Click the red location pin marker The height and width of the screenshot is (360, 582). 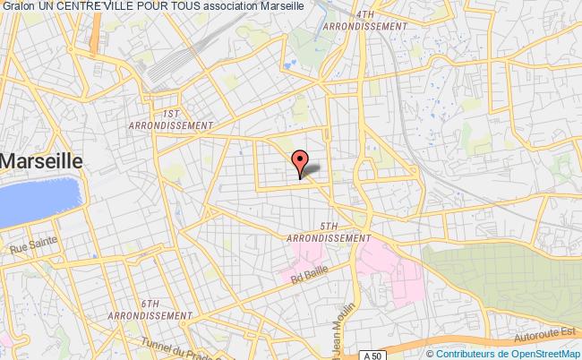(300, 160)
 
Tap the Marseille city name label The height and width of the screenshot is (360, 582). (43, 161)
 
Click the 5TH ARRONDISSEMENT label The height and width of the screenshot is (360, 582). (329, 232)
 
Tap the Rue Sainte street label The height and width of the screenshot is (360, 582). (32, 241)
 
